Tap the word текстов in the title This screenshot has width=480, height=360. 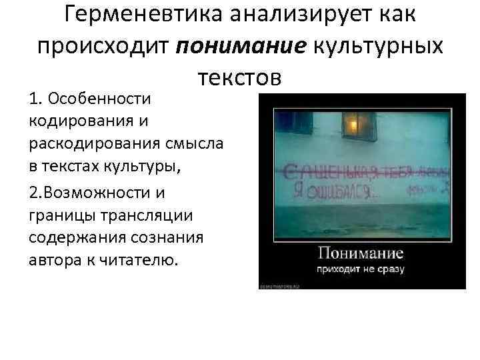coord(241,77)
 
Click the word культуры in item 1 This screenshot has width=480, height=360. coord(149,167)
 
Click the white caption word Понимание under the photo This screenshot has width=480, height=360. coord(361,254)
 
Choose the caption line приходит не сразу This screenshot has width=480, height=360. coord(361,270)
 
